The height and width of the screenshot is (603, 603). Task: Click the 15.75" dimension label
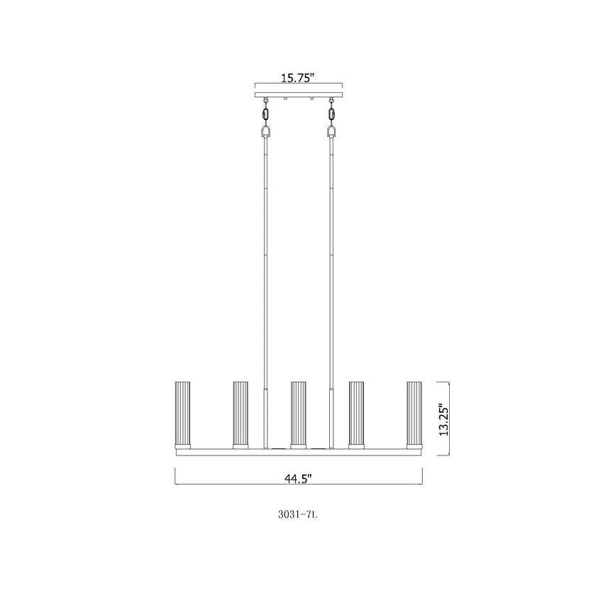tap(298, 79)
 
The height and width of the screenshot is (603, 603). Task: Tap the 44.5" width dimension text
tap(298, 479)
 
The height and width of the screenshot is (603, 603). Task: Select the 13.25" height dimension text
tap(443, 419)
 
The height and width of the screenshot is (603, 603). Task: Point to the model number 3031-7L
tap(297, 514)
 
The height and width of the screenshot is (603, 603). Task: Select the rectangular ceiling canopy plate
tap(299, 94)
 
